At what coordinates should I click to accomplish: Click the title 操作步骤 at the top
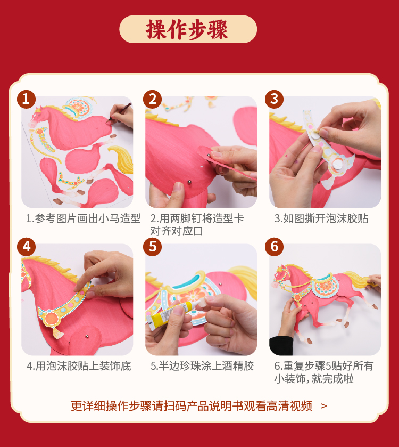tap(187, 29)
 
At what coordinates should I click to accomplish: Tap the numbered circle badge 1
tap(26, 99)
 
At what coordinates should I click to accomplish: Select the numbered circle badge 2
tap(153, 99)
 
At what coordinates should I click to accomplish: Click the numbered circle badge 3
tap(275, 99)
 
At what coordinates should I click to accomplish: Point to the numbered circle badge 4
tap(26, 247)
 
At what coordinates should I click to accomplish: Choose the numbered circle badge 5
tap(153, 247)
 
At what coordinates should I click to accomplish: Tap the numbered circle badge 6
tap(275, 247)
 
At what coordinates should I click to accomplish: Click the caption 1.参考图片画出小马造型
tap(83, 218)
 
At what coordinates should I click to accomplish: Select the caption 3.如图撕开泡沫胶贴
tap(321, 218)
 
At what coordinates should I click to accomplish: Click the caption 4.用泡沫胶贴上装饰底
tap(79, 366)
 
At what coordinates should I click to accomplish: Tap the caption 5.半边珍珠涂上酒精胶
tap(202, 366)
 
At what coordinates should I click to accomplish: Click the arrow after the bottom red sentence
tap(323, 406)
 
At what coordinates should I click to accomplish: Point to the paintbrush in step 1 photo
tap(119, 112)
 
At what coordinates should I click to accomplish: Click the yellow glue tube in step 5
tap(169, 315)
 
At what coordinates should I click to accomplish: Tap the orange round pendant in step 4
tap(52, 319)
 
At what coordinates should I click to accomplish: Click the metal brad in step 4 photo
tap(87, 336)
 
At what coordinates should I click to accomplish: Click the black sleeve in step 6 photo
tap(280, 345)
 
